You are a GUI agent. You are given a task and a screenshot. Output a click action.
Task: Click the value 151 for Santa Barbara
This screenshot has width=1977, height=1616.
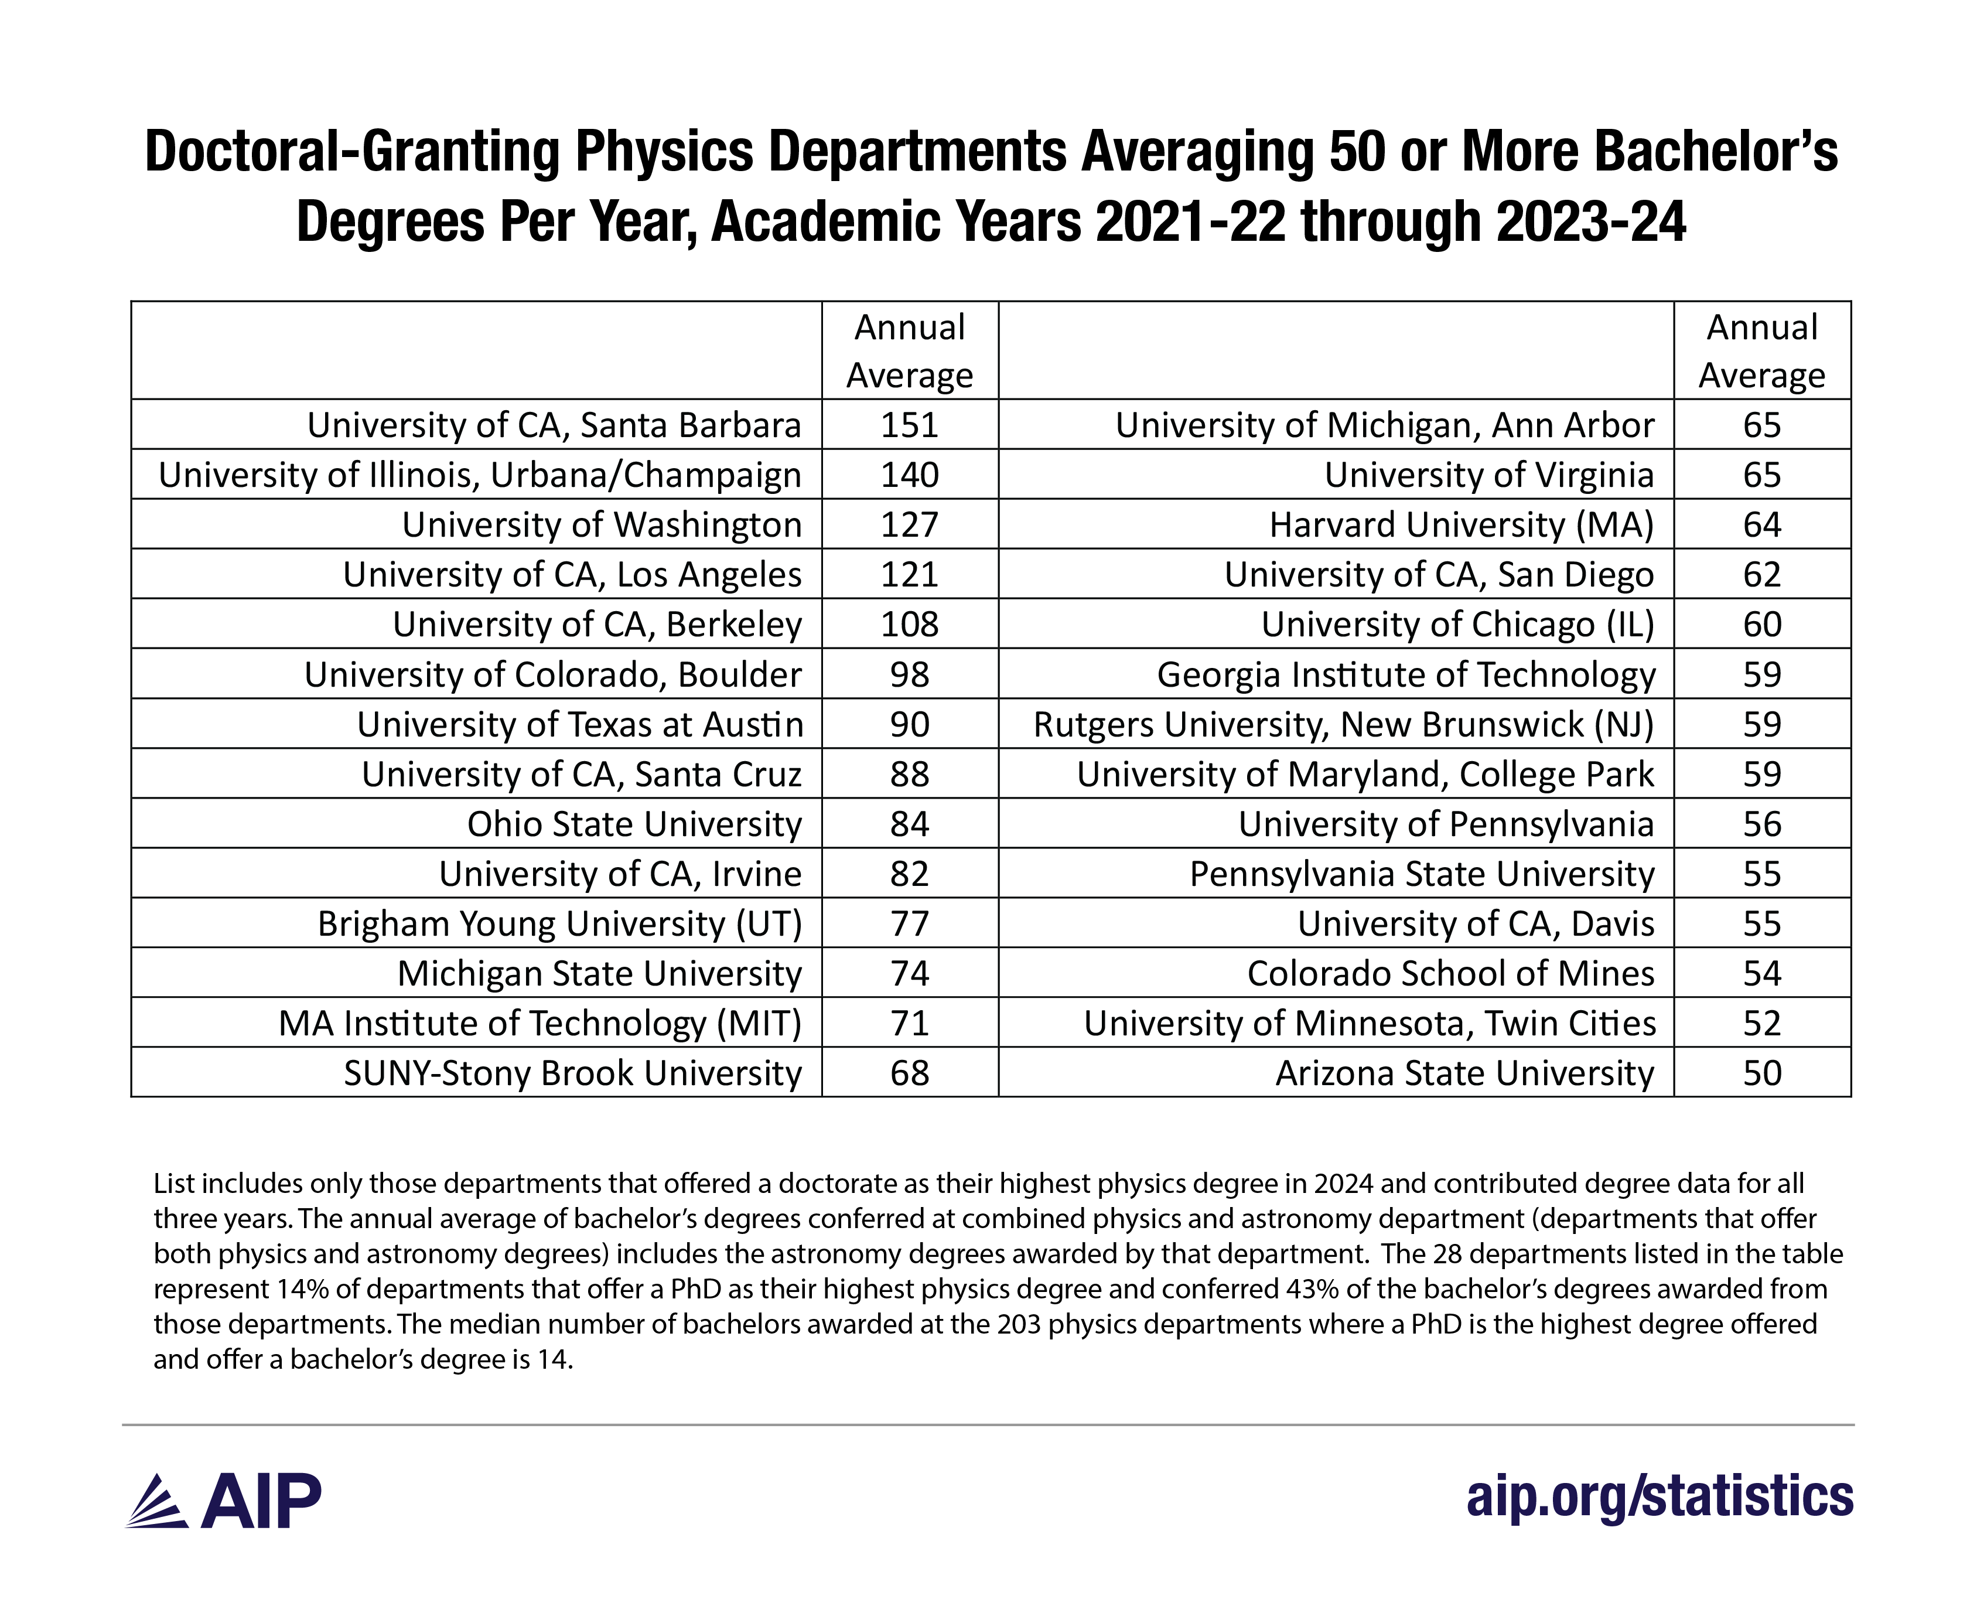909,425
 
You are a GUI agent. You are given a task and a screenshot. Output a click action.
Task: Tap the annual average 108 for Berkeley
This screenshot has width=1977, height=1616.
909,625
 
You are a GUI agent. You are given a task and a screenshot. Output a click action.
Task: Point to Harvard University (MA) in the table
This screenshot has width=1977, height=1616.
1462,525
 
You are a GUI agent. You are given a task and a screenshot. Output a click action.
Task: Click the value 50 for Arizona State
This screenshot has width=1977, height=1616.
1762,1073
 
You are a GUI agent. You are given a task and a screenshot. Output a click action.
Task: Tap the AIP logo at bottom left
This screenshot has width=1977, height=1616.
223,1501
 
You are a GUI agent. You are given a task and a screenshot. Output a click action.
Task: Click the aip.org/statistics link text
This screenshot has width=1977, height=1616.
1660,1497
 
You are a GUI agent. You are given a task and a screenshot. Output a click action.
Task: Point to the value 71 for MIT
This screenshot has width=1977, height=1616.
909,1024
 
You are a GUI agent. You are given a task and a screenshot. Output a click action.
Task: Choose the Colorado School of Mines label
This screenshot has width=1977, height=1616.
1450,974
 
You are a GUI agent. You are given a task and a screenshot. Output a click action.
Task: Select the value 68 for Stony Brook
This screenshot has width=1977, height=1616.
909,1073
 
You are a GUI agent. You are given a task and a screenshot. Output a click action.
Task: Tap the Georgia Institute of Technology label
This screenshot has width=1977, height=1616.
1405,675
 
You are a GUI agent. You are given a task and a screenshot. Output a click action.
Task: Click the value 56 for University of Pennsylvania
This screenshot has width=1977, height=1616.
1762,825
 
